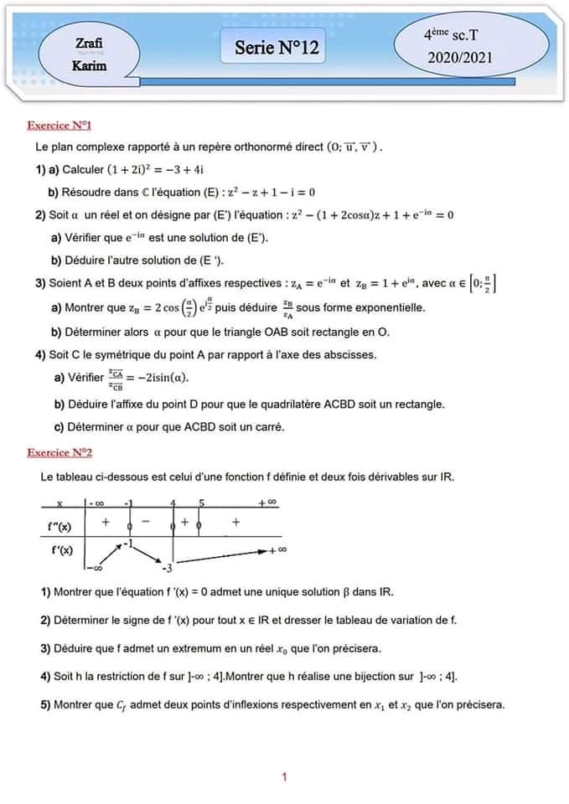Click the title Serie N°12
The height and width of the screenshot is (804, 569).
click(277, 49)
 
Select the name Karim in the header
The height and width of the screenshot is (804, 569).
click(90, 65)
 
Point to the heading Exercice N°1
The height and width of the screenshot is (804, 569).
click(59, 126)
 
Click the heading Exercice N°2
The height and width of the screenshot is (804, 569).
click(59, 452)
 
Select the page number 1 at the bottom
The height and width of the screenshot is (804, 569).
click(285, 777)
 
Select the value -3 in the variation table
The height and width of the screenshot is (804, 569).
click(167, 569)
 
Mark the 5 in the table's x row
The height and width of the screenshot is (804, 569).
click(201, 503)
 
